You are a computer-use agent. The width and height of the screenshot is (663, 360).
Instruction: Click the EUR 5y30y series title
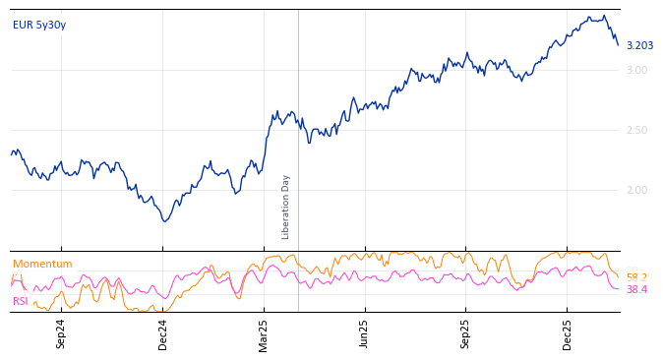point(39,26)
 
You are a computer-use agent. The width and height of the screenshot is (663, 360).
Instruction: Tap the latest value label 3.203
point(639,46)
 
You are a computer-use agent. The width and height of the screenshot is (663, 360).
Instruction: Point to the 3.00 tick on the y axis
point(636,70)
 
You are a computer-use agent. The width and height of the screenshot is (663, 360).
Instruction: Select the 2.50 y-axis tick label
point(636,130)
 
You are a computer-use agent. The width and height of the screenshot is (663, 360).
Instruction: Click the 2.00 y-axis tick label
point(636,190)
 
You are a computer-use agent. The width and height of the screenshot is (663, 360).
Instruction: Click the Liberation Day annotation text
point(286,207)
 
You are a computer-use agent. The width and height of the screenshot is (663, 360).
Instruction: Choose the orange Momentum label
point(42,265)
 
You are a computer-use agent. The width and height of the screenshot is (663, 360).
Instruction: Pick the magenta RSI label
point(20,302)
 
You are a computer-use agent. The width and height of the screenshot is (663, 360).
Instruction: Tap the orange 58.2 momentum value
point(636,278)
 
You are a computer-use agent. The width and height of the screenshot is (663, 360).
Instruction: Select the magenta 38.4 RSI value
point(636,290)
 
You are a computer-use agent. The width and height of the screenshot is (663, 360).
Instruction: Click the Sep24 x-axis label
point(61,333)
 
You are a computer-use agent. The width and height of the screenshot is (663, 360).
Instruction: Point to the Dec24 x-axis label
point(163,333)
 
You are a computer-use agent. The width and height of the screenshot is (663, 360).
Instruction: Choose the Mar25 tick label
point(264,333)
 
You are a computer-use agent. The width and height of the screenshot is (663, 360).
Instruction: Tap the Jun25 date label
point(365,333)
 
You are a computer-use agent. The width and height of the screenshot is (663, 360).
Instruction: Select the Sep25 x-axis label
point(466,333)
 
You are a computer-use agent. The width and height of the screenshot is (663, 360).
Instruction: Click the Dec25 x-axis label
point(568,333)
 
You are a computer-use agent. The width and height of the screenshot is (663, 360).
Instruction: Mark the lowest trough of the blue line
point(165,221)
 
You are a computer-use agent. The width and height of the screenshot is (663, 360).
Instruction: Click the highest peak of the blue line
point(604,15)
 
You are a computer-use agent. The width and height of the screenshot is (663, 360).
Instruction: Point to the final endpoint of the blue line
point(619,45)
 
